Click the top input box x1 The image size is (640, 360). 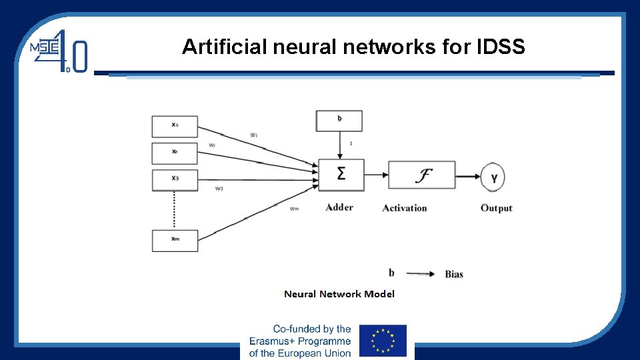click(175, 126)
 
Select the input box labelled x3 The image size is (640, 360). click(175, 179)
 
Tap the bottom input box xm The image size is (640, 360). click(175, 240)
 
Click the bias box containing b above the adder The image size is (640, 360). click(339, 121)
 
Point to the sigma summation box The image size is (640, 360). click(341, 175)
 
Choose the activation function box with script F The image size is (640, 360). click(421, 175)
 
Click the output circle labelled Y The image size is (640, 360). click(493, 177)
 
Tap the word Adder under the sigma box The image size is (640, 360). click(339, 207)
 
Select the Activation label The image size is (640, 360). click(405, 208)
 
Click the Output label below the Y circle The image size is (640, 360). click(497, 208)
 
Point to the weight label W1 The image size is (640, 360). click(254, 135)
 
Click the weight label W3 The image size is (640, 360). click(219, 189)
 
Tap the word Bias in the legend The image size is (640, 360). click(453, 274)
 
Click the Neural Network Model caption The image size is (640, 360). click(339, 294)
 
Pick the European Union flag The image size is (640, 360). click(383, 341)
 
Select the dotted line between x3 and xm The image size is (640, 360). click(174, 210)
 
